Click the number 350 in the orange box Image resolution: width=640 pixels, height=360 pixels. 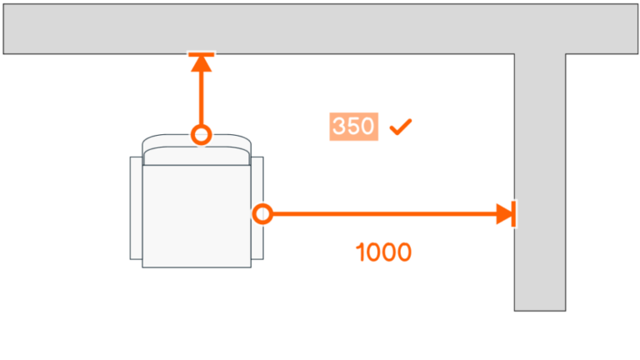point(354,127)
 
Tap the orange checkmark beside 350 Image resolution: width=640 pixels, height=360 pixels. point(401,127)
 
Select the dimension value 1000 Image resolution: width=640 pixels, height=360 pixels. point(383,252)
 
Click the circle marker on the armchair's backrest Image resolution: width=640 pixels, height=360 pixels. point(201,134)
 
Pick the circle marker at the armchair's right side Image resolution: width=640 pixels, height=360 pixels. point(262,214)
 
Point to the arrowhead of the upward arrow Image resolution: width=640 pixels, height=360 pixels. point(201,63)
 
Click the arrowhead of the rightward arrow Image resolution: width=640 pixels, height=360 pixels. point(504,214)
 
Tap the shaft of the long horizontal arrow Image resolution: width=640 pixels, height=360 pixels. point(383,214)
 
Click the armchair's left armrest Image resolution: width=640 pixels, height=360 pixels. point(137,207)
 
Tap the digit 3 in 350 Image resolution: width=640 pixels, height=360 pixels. point(340,127)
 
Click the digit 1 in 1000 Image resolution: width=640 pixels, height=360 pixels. point(360,252)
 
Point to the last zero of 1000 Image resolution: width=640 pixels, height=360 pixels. point(404,252)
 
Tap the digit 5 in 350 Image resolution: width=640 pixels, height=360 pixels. point(354,127)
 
